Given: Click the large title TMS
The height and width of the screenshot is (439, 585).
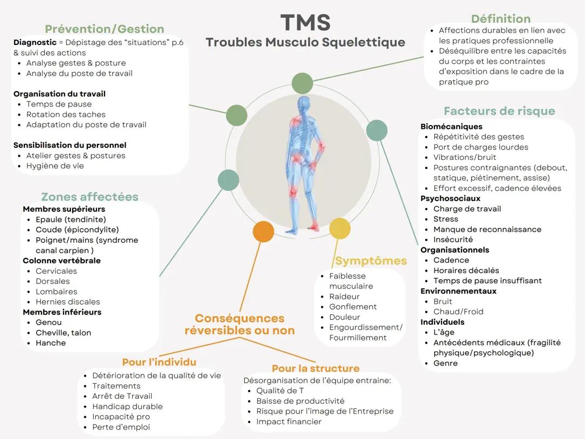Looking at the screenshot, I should coord(305,23).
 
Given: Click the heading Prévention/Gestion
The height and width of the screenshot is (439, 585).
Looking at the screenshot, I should coord(104,29).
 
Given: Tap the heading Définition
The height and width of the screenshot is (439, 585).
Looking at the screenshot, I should coord(500,19).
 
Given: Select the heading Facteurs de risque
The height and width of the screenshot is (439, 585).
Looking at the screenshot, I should coord(499,111).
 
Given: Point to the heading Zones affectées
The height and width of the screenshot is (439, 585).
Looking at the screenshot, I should coord(89,197).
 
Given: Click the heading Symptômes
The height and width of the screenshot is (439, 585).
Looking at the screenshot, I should coord(370,261).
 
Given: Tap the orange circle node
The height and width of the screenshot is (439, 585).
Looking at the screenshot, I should coord(263,231).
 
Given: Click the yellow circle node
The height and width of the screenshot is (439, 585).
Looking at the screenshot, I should coord(340,229).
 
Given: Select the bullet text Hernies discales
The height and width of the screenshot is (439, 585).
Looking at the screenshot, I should coord(68,302).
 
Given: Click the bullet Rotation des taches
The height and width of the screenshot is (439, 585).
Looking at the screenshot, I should coord(66,114).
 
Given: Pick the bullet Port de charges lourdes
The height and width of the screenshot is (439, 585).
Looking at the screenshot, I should coord(480,147).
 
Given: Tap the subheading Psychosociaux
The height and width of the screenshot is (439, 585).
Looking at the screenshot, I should coord(450,198).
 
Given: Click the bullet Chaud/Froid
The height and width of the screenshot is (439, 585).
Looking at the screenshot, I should coord(458,312).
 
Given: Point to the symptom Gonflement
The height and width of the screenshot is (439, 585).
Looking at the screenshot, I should coord(353,307).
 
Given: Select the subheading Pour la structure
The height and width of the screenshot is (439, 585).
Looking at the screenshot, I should coord(315,369).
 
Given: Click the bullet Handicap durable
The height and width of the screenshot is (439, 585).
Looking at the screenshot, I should coord(127,406).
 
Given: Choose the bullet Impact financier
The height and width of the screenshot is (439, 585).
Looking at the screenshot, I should coord(289,422).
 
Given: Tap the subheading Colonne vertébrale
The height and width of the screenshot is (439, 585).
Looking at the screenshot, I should coord(61,261).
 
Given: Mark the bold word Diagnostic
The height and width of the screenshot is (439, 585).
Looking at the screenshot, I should coord(35,42).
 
